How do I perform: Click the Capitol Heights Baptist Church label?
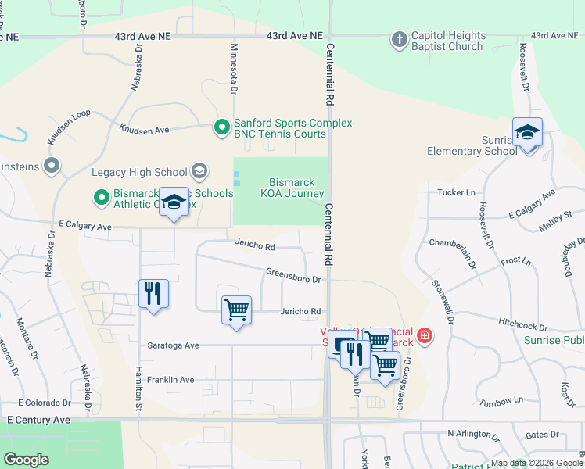tap(448, 41)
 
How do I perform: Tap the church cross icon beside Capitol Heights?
tap(399, 38)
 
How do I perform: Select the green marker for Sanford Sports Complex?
tap(222, 126)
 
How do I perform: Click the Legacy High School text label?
tap(139, 173)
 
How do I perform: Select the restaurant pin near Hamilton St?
tap(153, 294)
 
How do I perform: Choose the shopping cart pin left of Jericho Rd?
tap(235, 310)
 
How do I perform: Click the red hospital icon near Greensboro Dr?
tap(424, 336)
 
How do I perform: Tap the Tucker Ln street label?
tap(457, 192)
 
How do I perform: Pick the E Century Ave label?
tap(38, 420)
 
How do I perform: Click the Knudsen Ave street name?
tap(144, 127)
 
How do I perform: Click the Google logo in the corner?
tap(27, 460)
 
